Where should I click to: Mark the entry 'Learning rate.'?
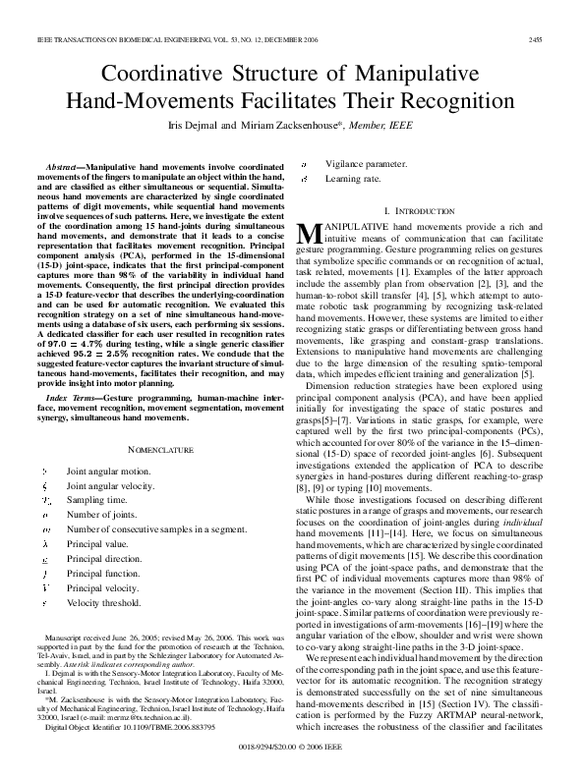click(x=353, y=180)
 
